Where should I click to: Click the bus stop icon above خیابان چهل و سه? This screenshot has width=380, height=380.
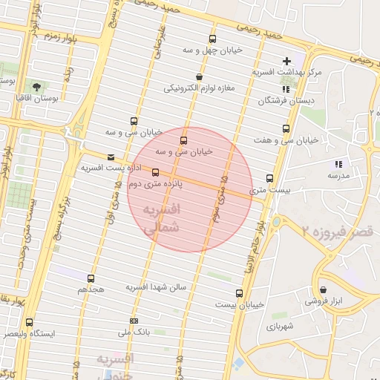coord(213,39)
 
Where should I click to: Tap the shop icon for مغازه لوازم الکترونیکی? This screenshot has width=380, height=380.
coord(199,76)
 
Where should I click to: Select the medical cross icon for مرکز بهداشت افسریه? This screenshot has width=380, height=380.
coord(287,61)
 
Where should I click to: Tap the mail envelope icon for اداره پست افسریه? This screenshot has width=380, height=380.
coord(111,157)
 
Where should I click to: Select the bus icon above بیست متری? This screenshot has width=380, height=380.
coord(269,178)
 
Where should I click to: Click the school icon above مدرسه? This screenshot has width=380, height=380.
coord(338,164)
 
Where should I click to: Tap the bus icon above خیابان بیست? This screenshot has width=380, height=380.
coord(239,293)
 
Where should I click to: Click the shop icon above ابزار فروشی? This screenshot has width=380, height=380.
coord(322,290)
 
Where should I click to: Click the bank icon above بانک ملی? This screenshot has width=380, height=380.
coord(134,321)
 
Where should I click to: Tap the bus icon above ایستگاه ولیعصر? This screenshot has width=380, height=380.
coord(29,322)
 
